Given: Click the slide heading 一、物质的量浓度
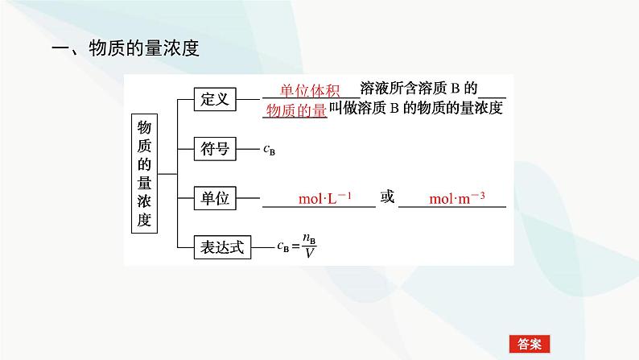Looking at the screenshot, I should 125,49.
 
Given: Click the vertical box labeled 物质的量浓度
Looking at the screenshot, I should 144,173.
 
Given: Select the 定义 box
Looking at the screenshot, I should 213,100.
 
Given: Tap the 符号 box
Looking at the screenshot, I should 213,148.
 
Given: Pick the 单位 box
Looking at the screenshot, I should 213,197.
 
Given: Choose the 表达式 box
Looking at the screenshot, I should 220,246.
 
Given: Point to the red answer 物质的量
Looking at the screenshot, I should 295,110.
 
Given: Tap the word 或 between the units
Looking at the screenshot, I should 388,197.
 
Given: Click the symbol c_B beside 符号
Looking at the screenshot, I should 269,149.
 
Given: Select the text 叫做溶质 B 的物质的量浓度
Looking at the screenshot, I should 416,109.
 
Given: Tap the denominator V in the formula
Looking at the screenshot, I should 307,254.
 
